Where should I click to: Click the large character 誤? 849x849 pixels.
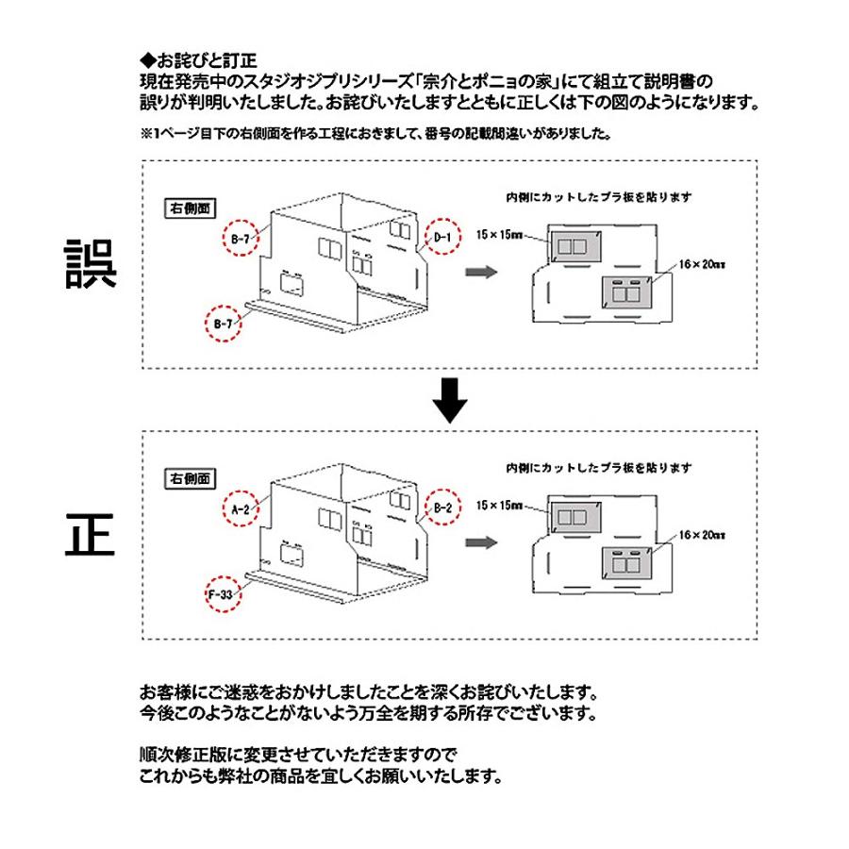tap(91, 264)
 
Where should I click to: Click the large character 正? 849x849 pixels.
tap(90, 535)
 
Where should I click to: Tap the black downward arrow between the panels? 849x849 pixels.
tap(449, 400)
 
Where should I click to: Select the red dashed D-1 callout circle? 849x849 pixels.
tap(442, 237)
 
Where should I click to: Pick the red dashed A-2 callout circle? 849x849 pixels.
tap(241, 508)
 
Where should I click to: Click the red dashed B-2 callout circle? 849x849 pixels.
tap(442, 508)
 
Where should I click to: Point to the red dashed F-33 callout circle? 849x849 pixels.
tap(223, 594)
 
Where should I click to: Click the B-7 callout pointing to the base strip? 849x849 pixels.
tap(223, 324)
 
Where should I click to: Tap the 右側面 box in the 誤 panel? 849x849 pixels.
tap(190, 208)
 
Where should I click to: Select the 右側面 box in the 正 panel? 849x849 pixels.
tap(190, 478)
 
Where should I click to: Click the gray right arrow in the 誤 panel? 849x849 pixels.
tap(481, 272)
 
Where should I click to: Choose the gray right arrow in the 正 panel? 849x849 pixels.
tap(481, 542)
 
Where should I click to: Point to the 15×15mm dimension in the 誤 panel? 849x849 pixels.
tap(499, 235)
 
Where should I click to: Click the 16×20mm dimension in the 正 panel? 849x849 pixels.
tap(702, 535)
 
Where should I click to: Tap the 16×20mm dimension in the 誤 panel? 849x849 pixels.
tap(702, 264)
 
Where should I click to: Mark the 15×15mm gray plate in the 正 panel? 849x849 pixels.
tap(575, 517)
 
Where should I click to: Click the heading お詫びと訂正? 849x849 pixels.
tap(198, 60)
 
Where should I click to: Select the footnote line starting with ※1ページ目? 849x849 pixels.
tap(375, 133)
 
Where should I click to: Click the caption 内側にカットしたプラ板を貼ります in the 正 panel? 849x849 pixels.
tap(599, 468)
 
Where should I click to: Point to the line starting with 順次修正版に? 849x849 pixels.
tap(298, 755)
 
